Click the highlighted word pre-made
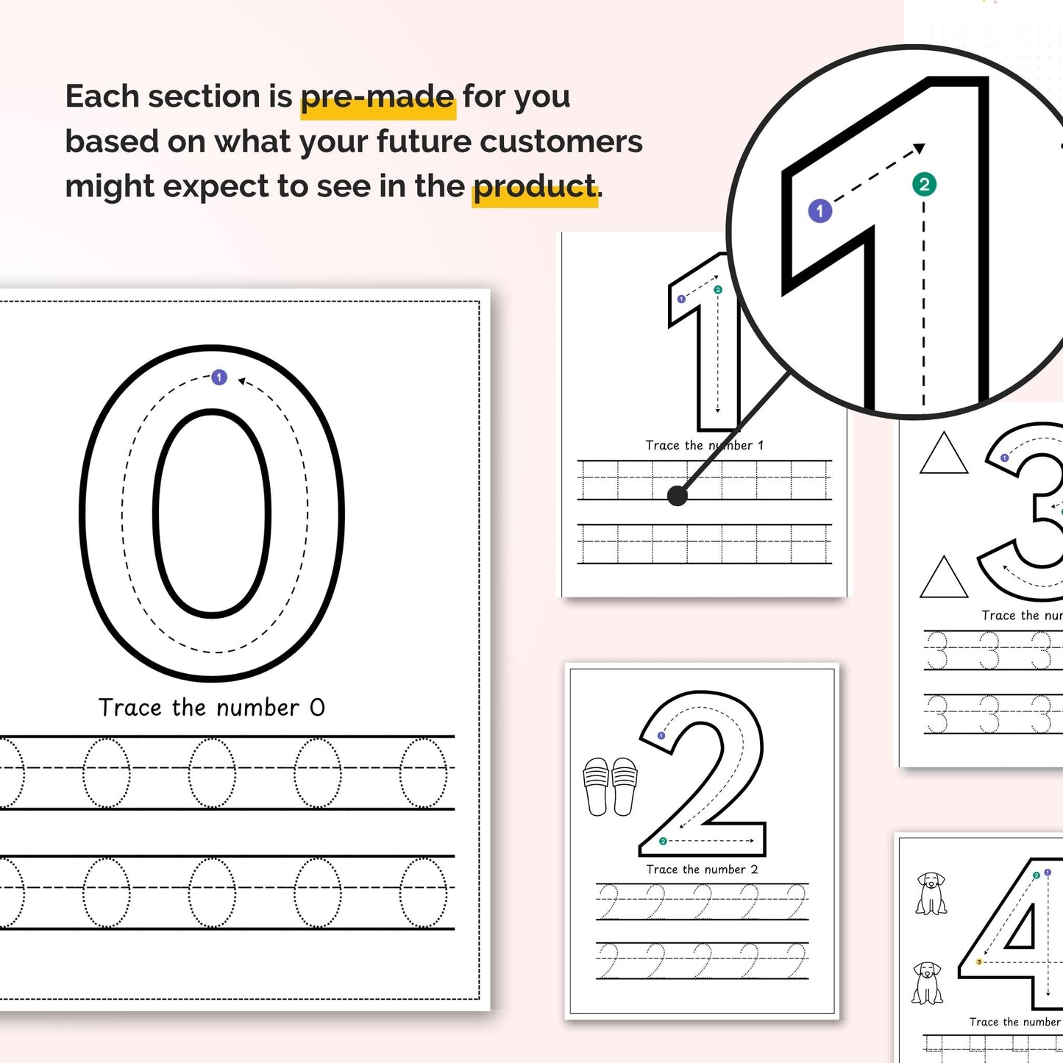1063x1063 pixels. (377, 97)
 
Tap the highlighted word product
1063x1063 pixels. (534, 187)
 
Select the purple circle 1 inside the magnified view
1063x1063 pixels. (820, 211)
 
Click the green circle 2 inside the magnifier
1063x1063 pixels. (924, 184)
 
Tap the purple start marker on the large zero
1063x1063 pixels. (219, 377)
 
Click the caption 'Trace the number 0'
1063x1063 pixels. (212, 708)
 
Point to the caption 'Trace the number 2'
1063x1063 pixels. (702, 870)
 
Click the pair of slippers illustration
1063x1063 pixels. (610, 786)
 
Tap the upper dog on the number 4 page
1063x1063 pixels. (931, 893)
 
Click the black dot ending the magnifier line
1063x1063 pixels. (677, 496)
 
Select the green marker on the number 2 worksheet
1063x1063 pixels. (663, 841)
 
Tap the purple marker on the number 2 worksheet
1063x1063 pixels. (661, 736)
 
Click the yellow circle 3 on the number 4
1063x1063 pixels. (979, 961)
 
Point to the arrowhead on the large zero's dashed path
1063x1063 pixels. (242, 381)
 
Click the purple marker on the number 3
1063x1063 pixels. (1005, 458)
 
